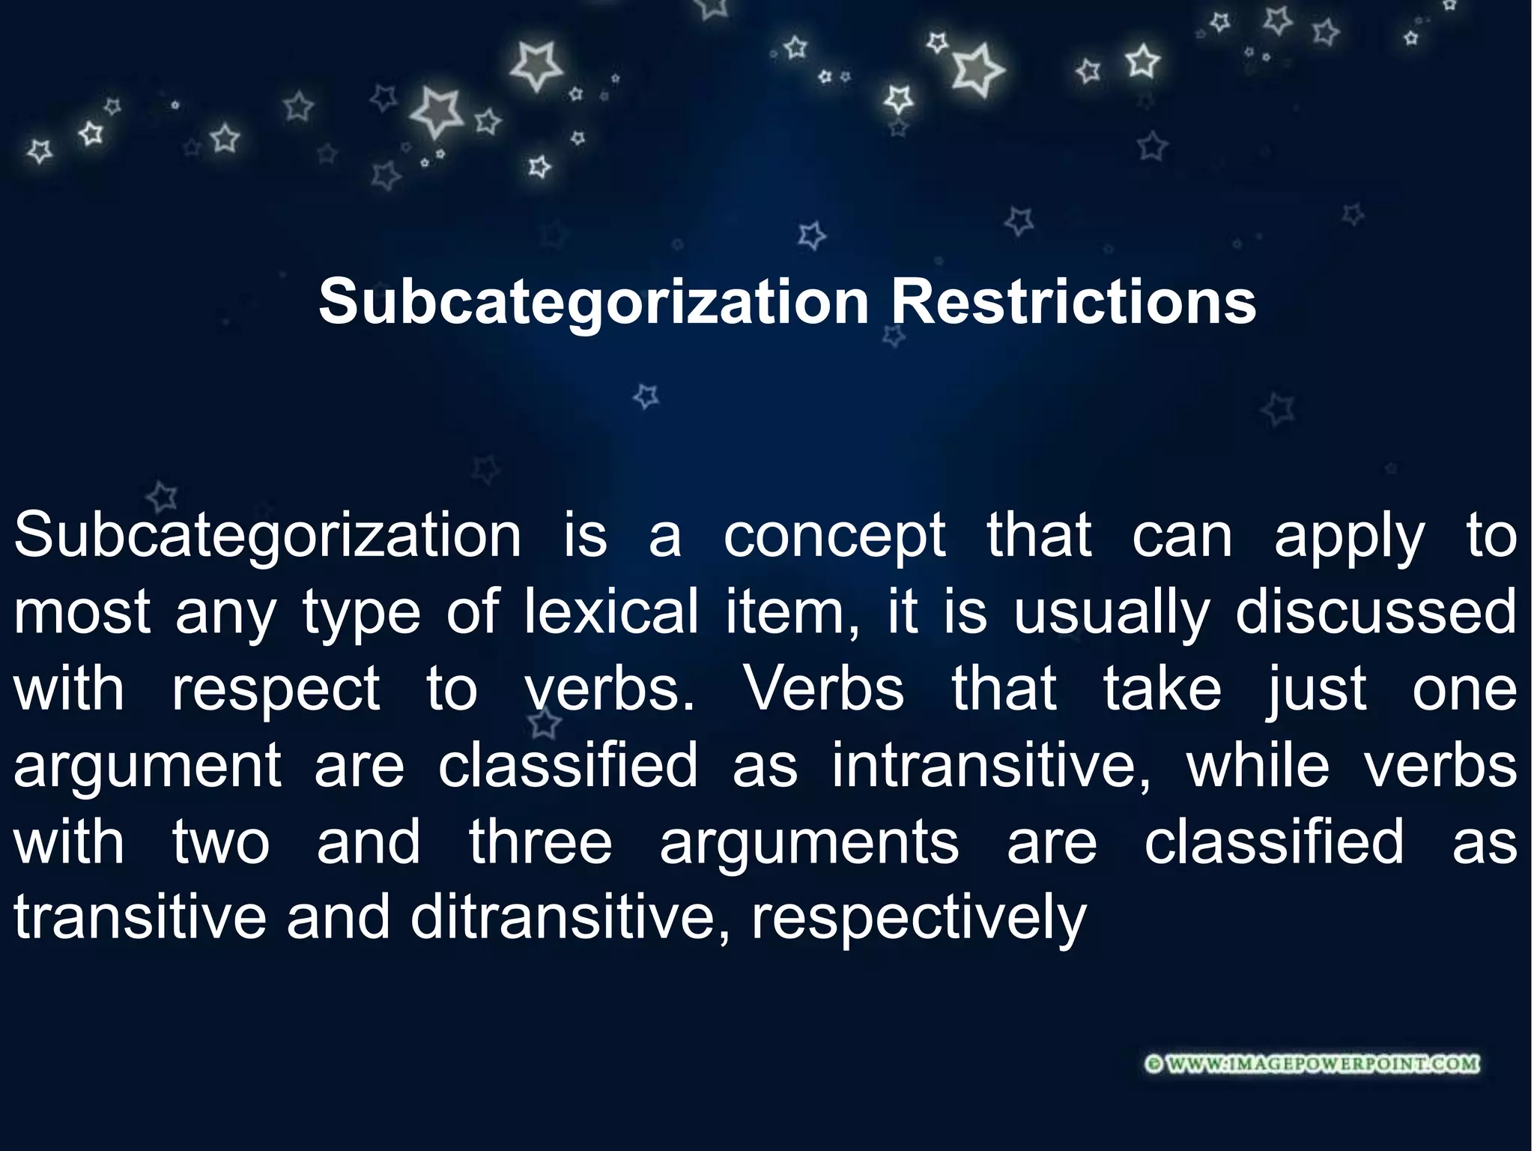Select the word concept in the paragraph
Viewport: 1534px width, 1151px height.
834,537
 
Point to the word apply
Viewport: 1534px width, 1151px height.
1349,537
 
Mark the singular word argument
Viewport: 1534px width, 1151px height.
148,766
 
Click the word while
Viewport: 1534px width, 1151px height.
1258,766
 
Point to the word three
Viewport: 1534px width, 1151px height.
541,842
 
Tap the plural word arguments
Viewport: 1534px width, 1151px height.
809,842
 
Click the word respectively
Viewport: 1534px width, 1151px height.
918,919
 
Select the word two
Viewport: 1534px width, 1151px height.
221,842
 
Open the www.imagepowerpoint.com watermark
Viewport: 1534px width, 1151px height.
1313,1064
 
